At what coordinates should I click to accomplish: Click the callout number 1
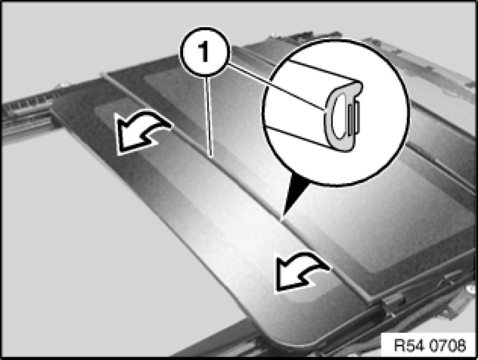[204, 52]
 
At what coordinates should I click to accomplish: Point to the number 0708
[447, 345]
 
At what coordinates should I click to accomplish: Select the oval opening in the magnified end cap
[339, 118]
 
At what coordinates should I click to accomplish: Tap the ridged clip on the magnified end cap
[356, 118]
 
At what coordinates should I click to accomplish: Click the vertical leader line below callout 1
[209, 116]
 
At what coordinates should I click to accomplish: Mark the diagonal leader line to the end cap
[277, 86]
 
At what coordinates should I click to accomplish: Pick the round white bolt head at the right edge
[469, 287]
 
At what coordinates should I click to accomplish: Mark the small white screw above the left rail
[63, 85]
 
